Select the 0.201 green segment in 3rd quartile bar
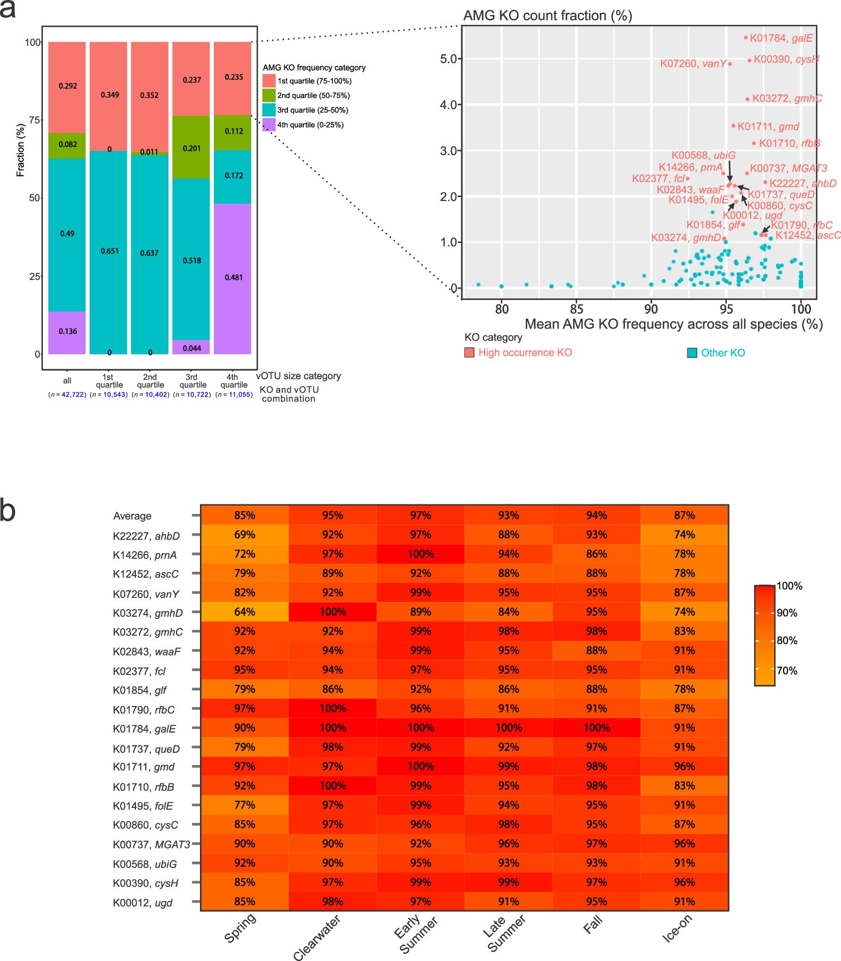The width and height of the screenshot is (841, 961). pos(192,148)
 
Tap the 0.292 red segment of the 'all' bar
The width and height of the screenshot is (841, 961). pos(67,86)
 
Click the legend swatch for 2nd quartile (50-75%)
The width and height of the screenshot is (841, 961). pos(269,95)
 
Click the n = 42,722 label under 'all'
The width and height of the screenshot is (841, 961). pos(67,395)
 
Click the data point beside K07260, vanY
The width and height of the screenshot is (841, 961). pos(730,64)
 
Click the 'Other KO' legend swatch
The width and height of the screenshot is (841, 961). pos(692,352)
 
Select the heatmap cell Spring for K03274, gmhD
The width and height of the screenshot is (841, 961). pos(245,612)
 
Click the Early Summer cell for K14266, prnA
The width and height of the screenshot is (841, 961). pos(420,554)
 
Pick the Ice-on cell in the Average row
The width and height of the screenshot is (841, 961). pos(684,515)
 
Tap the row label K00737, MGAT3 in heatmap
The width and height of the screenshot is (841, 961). pos(151,845)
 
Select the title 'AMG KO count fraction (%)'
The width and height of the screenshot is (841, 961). pos(547,16)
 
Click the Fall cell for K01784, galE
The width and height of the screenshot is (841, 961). pos(596,728)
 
